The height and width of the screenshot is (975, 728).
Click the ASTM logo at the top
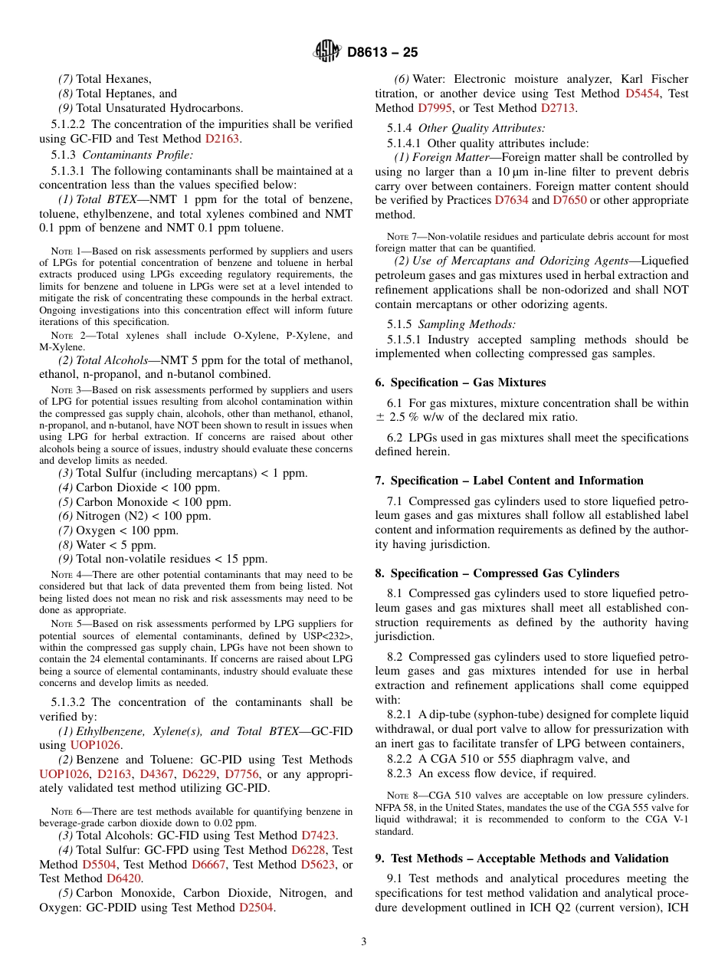(327, 52)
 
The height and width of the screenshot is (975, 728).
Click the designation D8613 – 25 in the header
(382, 53)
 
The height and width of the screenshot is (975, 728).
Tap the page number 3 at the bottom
(364, 941)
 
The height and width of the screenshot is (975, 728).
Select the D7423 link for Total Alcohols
(318, 835)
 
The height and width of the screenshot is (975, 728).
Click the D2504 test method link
(257, 908)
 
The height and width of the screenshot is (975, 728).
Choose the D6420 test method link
(123, 878)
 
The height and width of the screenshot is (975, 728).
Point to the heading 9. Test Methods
(521, 858)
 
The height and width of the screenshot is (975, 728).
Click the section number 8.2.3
(401, 773)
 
